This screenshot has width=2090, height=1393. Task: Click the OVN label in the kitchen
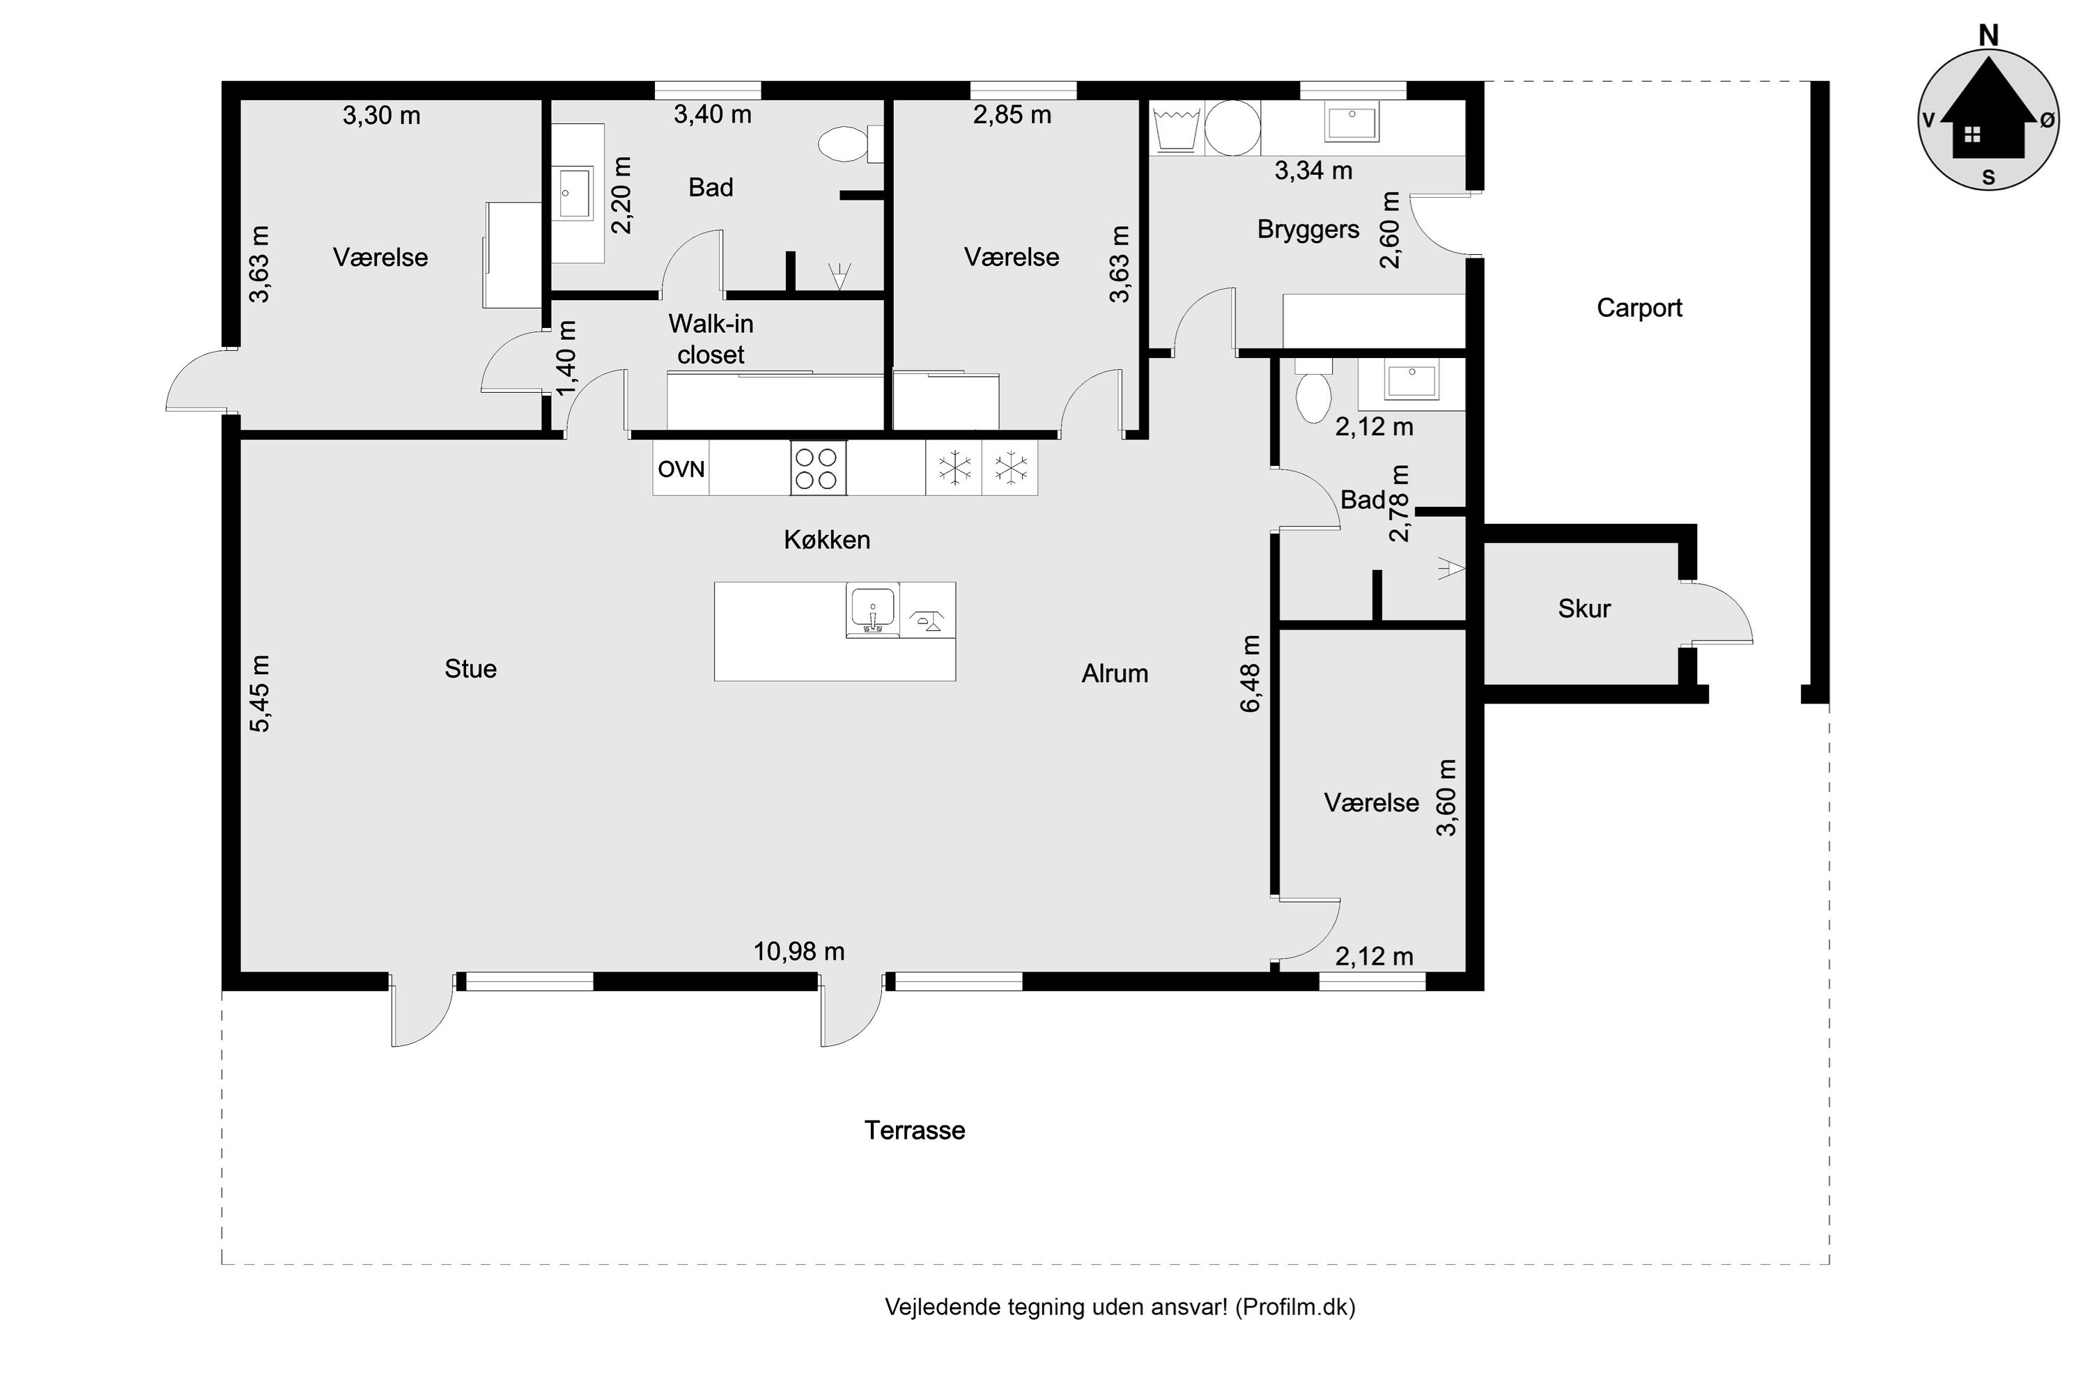click(681, 469)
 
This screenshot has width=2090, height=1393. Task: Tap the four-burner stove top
click(817, 468)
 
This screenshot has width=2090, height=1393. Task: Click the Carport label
click(1639, 309)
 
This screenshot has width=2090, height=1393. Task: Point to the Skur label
click(1584, 609)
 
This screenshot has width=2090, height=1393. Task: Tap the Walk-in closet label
click(711, 339)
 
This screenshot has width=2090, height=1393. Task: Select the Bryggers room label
click(1308, 230)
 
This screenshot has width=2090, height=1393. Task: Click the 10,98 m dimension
click(799, 951)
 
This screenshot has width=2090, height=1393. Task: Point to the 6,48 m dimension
click(1251, 674)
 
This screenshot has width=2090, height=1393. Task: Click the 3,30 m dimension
click(381, 116)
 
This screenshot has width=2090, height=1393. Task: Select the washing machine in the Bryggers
click(1232, 128)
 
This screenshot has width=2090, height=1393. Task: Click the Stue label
click(470, 669)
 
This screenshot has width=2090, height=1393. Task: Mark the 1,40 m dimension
click(566, 358)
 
